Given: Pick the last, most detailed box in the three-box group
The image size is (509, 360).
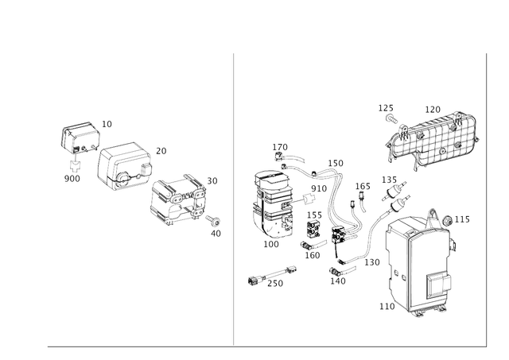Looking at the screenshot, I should click(x=177, y=200).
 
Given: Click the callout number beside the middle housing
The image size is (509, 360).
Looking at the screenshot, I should click(x=161, y=149).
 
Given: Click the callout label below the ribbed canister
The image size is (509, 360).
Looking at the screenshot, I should click(x=273, y=244).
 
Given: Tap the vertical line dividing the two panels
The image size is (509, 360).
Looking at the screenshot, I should click(x=234, y=199).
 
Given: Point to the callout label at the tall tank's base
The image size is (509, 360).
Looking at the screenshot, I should click(x=384, y=304).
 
